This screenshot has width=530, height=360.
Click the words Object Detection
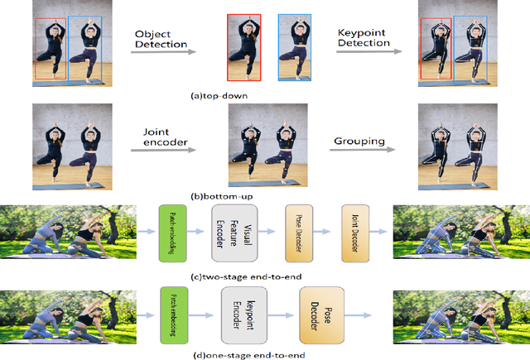coord(162,38)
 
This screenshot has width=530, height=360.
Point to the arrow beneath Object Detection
coord(163,52)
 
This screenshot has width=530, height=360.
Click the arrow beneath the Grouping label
coord(360,156)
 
